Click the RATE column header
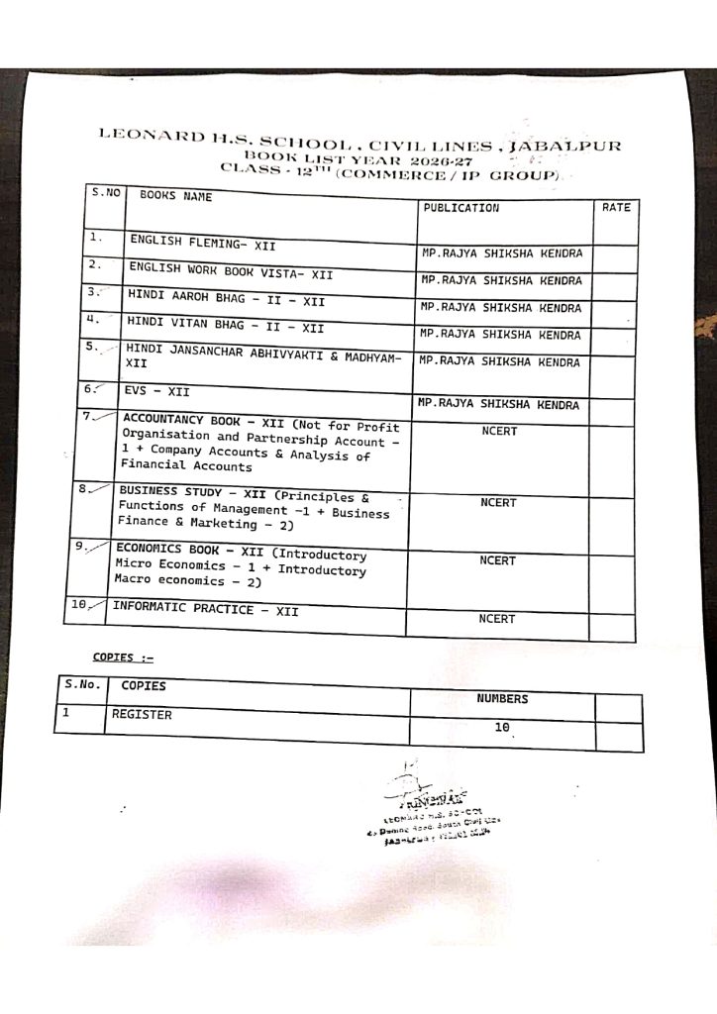pyautogui.click(x=615, y=208)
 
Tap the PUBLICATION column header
pyautogui.click(x=461, y=208)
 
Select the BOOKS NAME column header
pyautogui.click(x=175, y=196)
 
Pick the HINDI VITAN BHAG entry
pyautogui.click(x=225, y=324)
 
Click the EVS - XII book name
pyautogui.click(x=157, y=391)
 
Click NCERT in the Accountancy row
pyautogui.click(x=499, y=432)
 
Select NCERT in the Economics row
pyautogui.click(x=497, y=560)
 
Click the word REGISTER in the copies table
pyautogui.click(x=142, y=714)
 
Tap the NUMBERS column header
pyautogui.click(x=502, y=699)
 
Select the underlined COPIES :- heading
pyautogui.click(x=124, y=657)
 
